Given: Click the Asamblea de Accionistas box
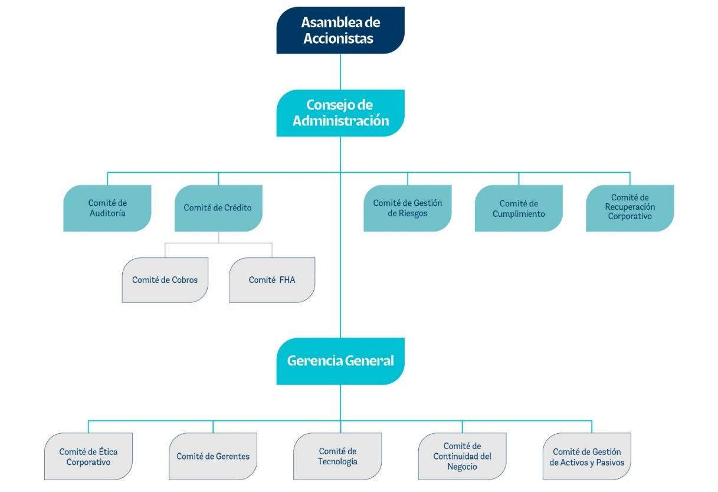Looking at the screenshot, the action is click(340, 30).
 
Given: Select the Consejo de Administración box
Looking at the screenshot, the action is click(340, 113).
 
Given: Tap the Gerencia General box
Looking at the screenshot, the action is click(340, 361).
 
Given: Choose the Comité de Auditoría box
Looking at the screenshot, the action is click(107, 208).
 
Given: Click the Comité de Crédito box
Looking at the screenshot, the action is click(218, 208).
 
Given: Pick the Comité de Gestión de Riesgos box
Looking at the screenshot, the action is click(408, 208).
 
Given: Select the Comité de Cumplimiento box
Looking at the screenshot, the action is click(519, 208).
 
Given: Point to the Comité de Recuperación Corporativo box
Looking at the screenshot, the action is click(630, 208).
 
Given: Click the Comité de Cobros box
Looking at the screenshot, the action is click(165, 280).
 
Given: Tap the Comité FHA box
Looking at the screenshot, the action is click(272, 280).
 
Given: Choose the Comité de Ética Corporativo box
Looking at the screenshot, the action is click(88, 457).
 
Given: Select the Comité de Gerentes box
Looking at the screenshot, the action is click(213, 457).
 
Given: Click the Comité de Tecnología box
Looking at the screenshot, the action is click(337, 457).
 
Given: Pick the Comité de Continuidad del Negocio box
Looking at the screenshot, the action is click(462, 457).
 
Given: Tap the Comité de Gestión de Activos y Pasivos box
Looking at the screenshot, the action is click(587, 457).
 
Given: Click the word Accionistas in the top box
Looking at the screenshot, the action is click(339, 38).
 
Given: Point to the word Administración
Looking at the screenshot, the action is click(341, 121).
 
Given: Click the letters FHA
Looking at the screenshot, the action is click(287, 280).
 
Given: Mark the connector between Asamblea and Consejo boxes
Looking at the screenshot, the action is click(340, 72).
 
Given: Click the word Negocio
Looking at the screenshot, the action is click(462, 467).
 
